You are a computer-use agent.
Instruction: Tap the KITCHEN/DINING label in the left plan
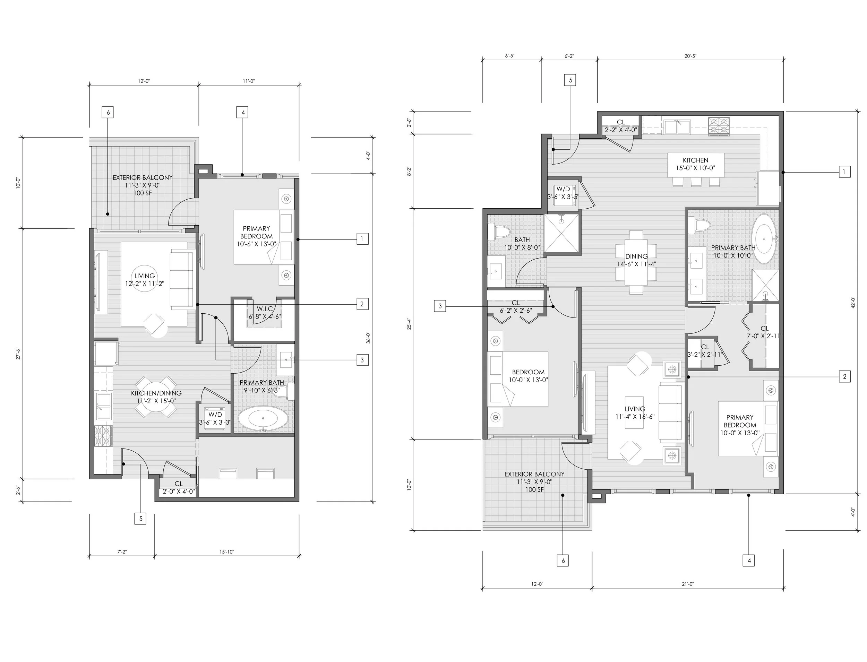[156, 393]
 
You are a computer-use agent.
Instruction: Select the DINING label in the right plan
[636, 256]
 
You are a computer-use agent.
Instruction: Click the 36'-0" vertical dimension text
[368, 338]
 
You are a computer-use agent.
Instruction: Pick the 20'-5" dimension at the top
[690, 56]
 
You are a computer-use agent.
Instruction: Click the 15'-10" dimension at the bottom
[227, 552]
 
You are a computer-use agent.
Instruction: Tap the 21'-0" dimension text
[688, 584]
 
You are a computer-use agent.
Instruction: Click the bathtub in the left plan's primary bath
[263, 418]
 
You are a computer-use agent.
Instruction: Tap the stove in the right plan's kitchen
[719, 127]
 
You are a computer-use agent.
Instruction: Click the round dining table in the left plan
[156, 397]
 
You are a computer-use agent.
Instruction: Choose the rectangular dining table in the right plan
[636, 262]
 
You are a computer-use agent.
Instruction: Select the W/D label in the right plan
[563, 189]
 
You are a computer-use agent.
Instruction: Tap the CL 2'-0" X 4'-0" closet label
[179, 487]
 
